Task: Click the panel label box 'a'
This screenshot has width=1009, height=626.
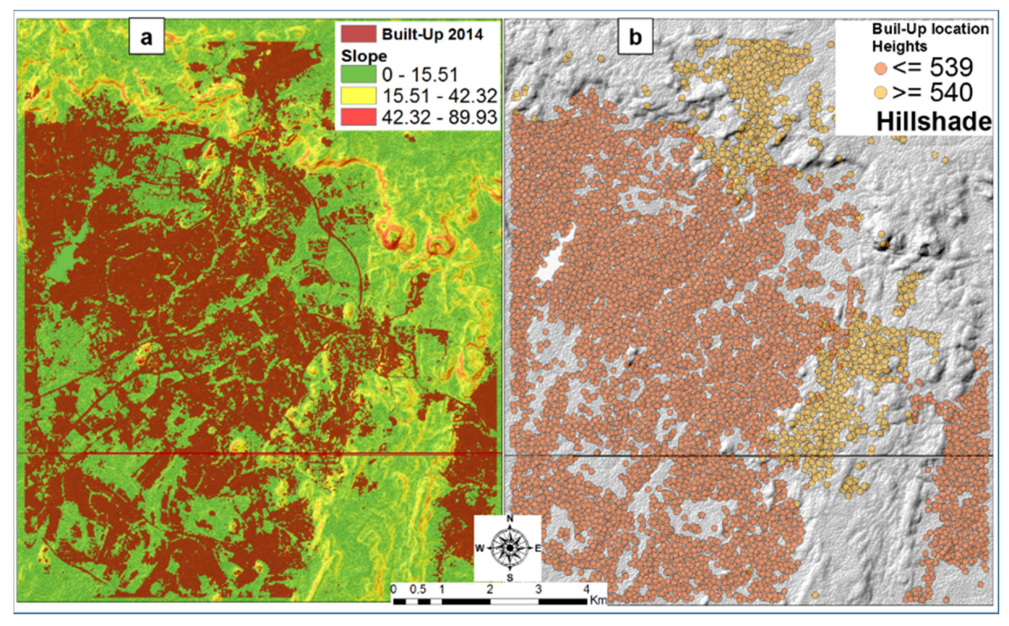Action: (x=147, y=37)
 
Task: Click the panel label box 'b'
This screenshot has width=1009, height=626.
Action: (x=635, y=37)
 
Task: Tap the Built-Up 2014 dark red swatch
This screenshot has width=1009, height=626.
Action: (x=358, y=34)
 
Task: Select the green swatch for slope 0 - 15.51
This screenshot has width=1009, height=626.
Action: (x=358, y=75)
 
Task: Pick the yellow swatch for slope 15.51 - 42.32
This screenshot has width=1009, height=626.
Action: (x=358, y=96)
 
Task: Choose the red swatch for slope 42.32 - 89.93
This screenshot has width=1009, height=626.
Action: (x=358, y=117)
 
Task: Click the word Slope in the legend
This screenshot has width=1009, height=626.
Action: (x=364, y=56)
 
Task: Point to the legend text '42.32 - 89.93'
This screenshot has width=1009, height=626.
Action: (x=439, y=117)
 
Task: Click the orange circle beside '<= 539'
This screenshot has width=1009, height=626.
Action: (x=881, y=68)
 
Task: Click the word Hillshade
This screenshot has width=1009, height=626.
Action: (x=934, y=122)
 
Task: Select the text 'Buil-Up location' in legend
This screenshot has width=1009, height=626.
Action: (x=930, y=29)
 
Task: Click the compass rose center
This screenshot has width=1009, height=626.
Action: (x=509, y=548)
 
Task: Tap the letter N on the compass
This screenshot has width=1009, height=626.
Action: (x=509, y=519)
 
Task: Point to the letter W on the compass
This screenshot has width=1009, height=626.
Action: (x=479, y=548)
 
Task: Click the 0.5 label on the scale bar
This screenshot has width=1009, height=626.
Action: (x=417, y=589)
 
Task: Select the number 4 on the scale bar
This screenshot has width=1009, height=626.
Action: (x=587, y=589)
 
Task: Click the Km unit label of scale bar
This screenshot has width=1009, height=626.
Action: (x=598, y=600)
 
